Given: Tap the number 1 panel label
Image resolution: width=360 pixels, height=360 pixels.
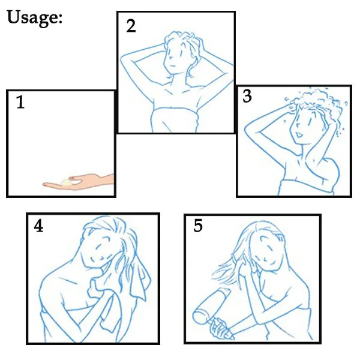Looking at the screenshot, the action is pyautogui.click(x=20, y=102).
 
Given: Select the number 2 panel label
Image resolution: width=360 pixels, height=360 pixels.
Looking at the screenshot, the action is pyautogui.click(x=131, y=26).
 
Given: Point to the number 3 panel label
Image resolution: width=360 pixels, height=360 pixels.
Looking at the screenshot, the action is pyautogui.click(x=247, y=96).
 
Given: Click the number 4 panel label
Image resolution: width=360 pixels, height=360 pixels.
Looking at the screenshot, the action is pyautogui.click(x=38, y=226).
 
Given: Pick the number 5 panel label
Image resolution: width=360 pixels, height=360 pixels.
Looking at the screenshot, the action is pyautogui.click(x=198, y=226).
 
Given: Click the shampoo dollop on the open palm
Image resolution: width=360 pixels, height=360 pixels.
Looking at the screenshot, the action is pyautogui.click(x=66, y=182).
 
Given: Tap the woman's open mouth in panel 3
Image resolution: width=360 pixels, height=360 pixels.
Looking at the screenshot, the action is pyautogui.click(x=299, y=135).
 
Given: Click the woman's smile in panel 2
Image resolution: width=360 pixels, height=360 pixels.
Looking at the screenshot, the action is pyautogui.click(x=173, y=66).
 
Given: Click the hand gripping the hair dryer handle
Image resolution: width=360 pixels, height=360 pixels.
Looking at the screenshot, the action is pyautogui.click(x=218, y=328).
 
